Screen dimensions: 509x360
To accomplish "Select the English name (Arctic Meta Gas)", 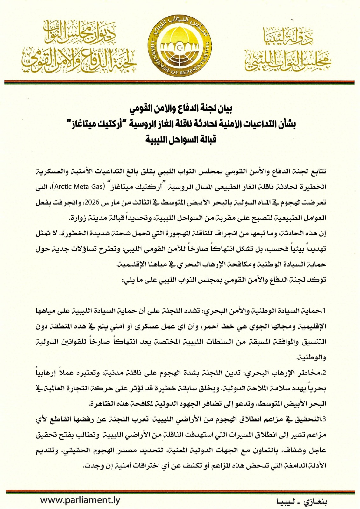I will [79, 187].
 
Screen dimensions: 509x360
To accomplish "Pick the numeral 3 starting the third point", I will [324, 419].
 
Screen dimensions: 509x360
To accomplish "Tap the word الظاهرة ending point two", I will [102, 404].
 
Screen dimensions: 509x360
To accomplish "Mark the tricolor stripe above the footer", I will [180, 492].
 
